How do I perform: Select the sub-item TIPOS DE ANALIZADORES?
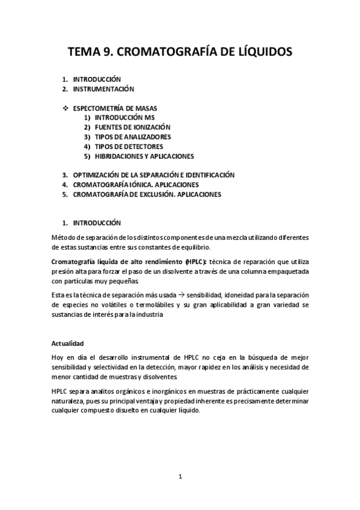coord(132,137)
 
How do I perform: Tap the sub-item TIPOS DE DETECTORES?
coord(129,146)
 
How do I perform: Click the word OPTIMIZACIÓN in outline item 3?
coord(98,175)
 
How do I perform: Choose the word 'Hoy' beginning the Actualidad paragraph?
coord(58,358)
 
